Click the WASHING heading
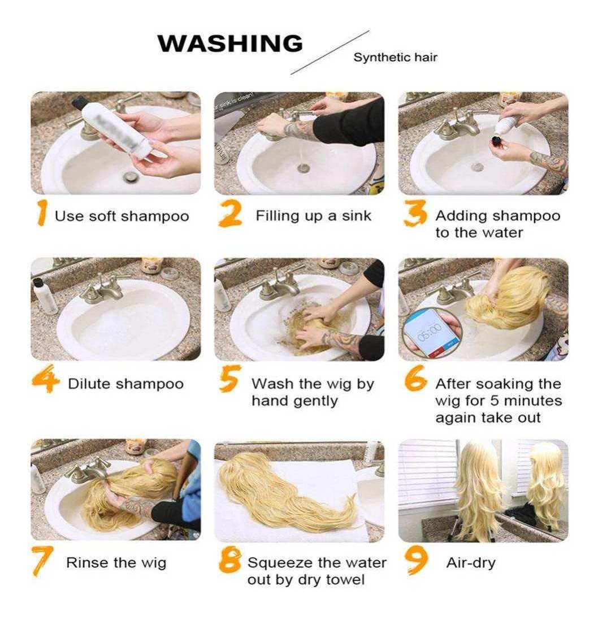point(230,43)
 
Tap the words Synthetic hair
point(395,58)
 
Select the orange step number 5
point(229,379)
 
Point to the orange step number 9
point(416,560)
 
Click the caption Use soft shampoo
point(122,216)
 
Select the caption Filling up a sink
point(313,216)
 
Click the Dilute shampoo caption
point(125,384)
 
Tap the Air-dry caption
point(470,563)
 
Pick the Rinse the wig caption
point(116,563)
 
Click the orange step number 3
point(415,213)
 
